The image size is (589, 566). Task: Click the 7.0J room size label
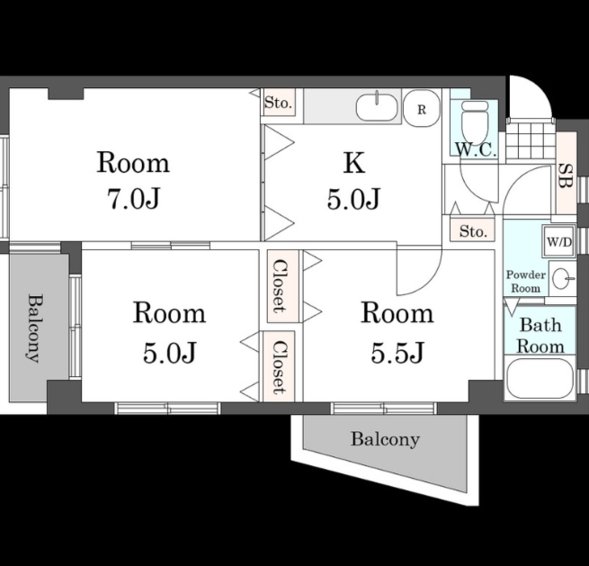coord(134,198)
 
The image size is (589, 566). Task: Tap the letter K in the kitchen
coord(354,163)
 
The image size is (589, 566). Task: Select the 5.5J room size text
coord(397,352)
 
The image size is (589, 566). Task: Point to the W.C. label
coord(476,149)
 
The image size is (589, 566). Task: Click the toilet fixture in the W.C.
coord(474,121)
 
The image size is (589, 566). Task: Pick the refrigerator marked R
coord(422,109)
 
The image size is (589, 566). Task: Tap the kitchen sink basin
coord(377,107)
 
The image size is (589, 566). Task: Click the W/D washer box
coord(559,242)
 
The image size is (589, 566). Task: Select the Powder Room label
coord(526,281)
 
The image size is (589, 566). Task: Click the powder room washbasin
coord(562,278)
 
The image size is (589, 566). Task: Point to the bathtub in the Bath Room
coord(540,378)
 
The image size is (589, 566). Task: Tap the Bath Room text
coord(540,336)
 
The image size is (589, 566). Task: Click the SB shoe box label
coord(566,175)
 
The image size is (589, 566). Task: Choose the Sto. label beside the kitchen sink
coord(278,103)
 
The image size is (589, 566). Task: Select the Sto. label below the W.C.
coord(473,231)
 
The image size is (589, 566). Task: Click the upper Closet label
coord(280,285)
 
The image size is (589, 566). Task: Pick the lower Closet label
coord(280,367)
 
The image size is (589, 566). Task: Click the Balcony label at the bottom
coord(385,439)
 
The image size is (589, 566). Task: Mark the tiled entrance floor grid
coord(531,140)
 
